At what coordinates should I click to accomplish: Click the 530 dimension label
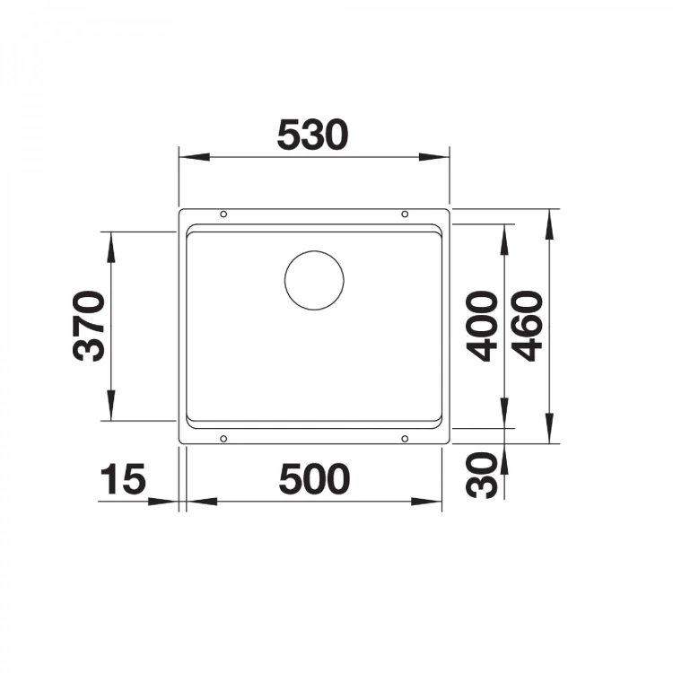(312, 135)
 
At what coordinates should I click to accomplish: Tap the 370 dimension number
(89, 327)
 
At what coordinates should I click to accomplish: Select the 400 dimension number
(482, 327)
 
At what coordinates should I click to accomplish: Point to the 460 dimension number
(528, 327)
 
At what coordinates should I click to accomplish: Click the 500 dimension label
(314, 478)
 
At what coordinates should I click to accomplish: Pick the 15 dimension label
(123, 478)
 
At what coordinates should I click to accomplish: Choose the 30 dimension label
(482, 475)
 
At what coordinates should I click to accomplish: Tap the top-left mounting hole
(223, 214)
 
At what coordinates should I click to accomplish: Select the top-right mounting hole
(405, 214)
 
